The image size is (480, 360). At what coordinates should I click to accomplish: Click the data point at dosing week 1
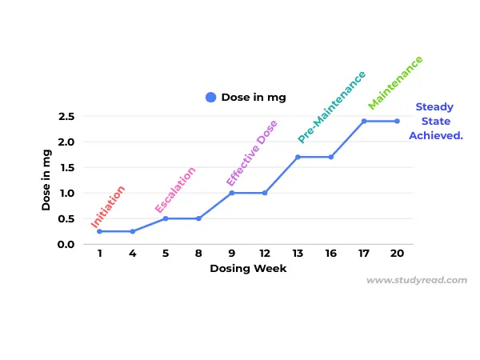pos(99,231)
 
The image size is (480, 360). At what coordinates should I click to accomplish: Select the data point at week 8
pos(198,218)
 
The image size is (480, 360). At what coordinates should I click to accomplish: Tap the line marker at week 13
pos(298,157)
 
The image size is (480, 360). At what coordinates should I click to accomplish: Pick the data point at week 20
pos(397,121)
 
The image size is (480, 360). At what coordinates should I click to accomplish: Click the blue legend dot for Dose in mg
pos(211,98)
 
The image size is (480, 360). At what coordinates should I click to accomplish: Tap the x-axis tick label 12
pos(264,254)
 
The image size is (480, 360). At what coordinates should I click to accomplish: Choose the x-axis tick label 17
pos(364,254)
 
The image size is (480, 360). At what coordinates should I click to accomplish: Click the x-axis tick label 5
pos(166,254)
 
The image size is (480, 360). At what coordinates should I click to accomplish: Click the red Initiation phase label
pos(108,207)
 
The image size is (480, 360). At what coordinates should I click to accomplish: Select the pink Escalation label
pos(175,190)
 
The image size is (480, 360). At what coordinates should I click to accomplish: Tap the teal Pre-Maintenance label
pos(331,106)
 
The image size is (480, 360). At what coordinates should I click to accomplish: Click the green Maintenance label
pos(395,82)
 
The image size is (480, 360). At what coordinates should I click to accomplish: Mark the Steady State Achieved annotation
pos(435,122)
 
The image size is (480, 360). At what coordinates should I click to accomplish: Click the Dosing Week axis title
pos(248,269)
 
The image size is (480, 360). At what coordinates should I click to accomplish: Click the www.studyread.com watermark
pos(416,281)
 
